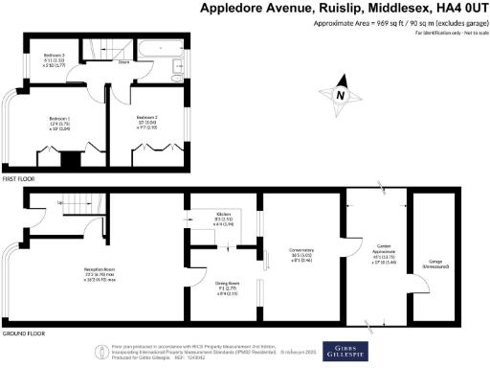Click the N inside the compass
click(341, 94)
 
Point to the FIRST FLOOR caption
click(21, 179)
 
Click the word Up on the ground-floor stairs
click(63, 203)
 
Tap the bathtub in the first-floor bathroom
click(151, 48)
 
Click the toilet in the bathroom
click(176, 67)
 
